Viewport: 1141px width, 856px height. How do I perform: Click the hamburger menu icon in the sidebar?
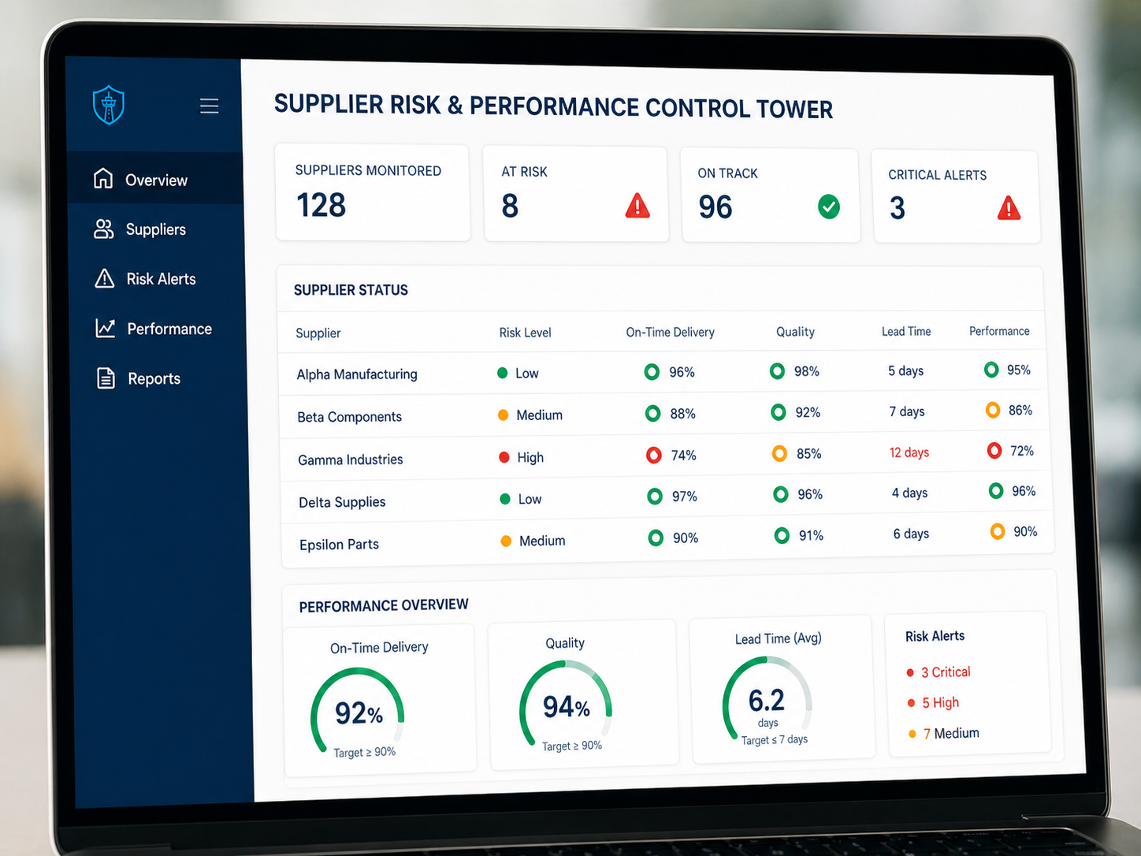[209, 106]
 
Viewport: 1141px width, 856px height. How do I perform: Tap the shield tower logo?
[108, 105]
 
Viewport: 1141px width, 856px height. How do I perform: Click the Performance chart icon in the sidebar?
[106, 328]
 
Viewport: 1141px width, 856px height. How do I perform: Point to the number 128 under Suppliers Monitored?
[321, 205]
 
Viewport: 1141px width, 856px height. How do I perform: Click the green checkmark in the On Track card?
[829, 207]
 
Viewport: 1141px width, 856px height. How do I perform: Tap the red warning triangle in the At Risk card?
[637, 205]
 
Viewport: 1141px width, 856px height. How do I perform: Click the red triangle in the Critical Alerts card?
[1009, 208]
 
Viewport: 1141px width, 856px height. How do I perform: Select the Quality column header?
[795, 332]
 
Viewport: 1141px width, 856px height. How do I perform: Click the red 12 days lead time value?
[909, 452]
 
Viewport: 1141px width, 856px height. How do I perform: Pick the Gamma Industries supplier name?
[351, 460]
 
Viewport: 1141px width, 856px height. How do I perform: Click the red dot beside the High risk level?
[504, 457]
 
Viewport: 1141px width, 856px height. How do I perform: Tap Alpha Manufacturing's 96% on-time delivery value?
[682, 372]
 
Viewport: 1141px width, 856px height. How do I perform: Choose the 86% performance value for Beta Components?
[1020, 411]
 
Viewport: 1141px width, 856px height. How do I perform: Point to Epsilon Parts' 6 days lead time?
[911, 534]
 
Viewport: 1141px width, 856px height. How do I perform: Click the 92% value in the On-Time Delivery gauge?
[359, 713]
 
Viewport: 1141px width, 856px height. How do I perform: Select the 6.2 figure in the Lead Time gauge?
[766, 701]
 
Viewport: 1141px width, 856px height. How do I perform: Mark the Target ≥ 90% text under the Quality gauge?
[572, 746]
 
